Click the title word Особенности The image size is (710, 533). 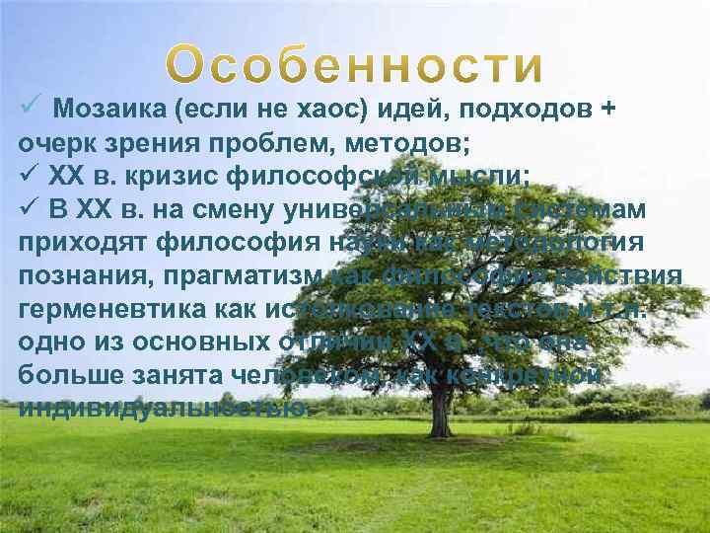(x=354, y=65)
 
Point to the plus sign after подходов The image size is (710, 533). (x=609, y=108)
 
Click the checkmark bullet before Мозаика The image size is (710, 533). (x=28, y=107)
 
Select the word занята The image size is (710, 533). (x=177, y=376)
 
